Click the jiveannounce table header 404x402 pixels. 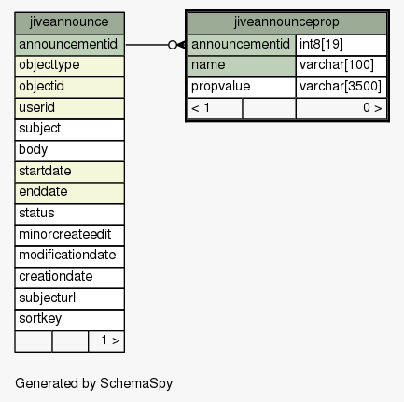(69, 23)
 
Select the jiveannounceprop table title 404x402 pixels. (287, 23)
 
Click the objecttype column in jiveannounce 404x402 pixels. (69, 66)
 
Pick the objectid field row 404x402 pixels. (69, 88)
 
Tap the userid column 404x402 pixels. (69, 108)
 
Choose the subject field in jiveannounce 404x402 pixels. (69, 130)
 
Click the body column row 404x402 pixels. (69, 151)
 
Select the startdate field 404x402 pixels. (69, 172)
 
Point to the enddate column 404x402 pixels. (69, 193)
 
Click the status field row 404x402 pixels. (69, 215)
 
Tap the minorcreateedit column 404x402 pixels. (69, 235)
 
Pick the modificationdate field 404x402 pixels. (69, 256)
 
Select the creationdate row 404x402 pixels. (69, 278)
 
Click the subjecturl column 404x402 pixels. (69, 298)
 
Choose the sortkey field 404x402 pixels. (69, 320)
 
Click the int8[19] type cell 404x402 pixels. (341, 45)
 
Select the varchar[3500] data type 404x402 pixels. (341, 88)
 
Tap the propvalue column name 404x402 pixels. (242, 88)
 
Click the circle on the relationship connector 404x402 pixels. (173, 45)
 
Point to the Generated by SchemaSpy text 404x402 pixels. (93, 383)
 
